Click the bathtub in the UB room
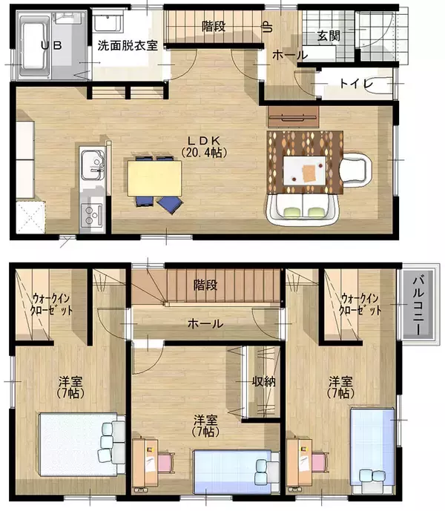[x=35, y=46]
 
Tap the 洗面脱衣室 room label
[x=128, y=46]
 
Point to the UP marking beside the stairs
[x=268, y=27]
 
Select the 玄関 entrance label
[x=329, y=36]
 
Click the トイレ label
[x=356, y=84]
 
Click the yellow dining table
[x=154, y=179]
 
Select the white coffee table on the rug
[x=305, y=171]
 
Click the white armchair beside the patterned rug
[x=357, y=169]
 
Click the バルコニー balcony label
[x=418, y=306]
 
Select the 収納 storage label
[x=264, y=381]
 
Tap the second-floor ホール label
[x=205, y=324]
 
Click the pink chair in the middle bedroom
[x=166, y=461]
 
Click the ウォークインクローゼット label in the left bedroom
[x=51, y=304]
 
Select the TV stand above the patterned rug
[x=293, y=116]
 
